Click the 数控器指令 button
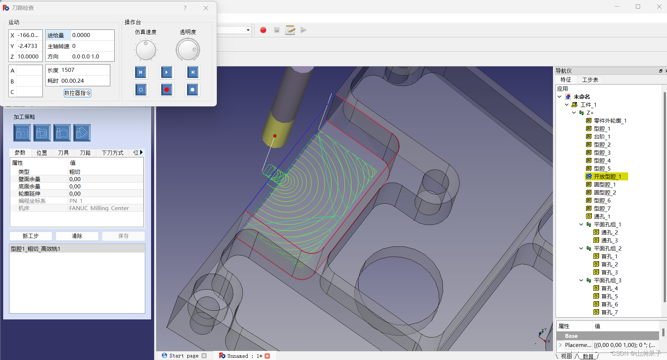click(77, 93)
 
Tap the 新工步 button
click(30, 236)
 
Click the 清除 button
click(77, 236)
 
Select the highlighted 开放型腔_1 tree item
click(607, 176)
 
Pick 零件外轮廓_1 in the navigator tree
click(610, 120)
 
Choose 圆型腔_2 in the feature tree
click(605, 192)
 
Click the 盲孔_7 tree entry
click(609, 312)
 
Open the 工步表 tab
click(590, 80)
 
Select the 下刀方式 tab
click(113, 153)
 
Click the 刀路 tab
click(85, 153)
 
